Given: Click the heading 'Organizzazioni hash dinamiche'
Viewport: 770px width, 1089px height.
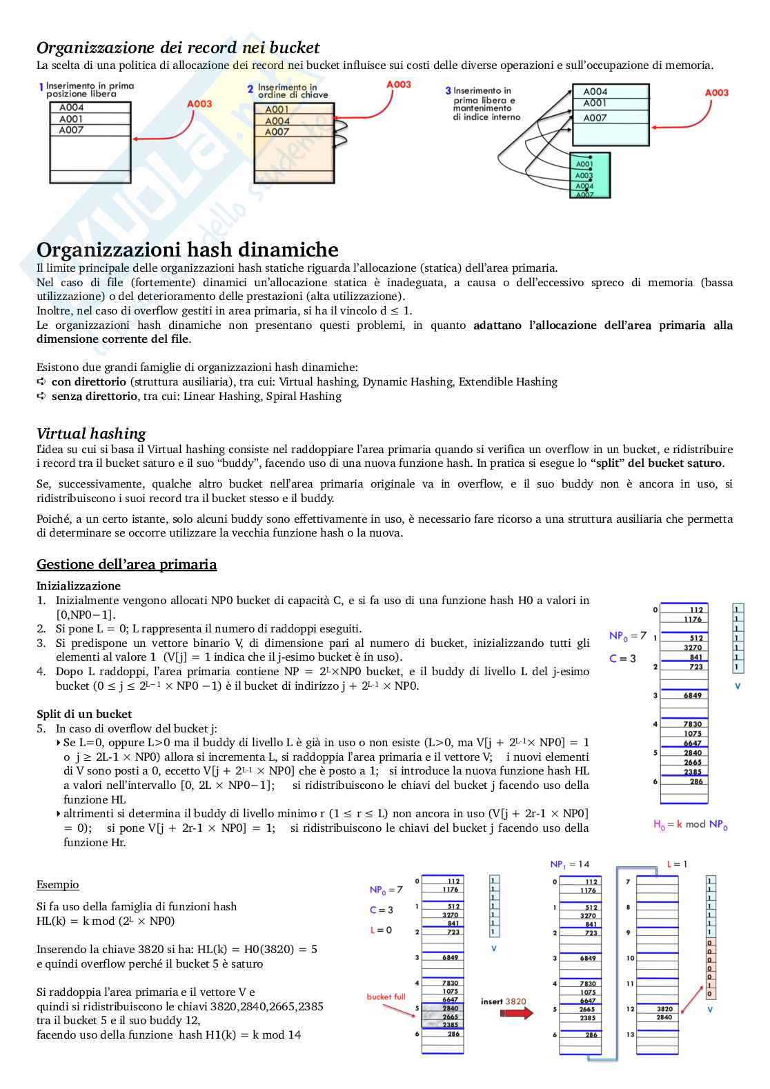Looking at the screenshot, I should [187, 250].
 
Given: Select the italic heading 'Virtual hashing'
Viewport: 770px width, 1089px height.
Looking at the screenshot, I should [91, 433].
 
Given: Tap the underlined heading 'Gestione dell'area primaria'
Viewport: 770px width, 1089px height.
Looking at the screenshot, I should [126, 564].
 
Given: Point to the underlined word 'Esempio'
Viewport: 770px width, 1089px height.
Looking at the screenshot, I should [58, 884].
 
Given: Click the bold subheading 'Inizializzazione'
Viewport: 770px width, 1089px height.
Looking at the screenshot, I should [79, 586].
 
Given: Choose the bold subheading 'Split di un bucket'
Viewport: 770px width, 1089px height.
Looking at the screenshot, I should [84, 714].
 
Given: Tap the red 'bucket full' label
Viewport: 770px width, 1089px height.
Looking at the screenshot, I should [386, 997].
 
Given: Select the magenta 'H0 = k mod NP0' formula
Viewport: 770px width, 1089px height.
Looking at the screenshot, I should [690, 824].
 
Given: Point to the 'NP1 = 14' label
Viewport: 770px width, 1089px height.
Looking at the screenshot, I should [569, 864].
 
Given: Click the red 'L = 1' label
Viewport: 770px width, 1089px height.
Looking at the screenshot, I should [677, 864].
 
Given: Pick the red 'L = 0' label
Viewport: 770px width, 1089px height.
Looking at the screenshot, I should [380, 930].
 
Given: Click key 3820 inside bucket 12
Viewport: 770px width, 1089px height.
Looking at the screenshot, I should [664, 1009].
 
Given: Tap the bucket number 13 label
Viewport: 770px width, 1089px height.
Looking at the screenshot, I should [630, 1035].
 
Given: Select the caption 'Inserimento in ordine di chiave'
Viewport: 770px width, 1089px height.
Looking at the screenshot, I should [293, 91].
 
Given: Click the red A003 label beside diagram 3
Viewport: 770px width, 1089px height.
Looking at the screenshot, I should [716, 92].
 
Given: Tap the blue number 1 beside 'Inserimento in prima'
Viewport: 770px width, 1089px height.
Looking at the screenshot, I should [41, 87].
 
